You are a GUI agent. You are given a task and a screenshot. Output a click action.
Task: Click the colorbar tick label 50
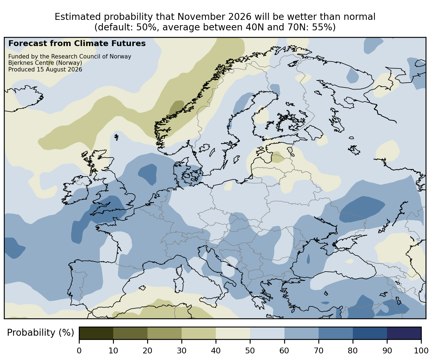click(x=250, y=351)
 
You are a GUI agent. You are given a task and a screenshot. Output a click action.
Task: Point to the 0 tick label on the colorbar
click(x=79, y=351)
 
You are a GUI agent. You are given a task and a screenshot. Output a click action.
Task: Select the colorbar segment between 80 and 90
click(x=370, y=333)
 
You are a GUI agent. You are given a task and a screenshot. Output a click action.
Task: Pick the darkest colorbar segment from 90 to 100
click(x=404, y=333)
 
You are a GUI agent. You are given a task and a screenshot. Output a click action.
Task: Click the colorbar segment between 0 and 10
click(x=96, y=333)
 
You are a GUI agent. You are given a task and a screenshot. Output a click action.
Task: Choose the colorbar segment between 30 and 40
click(x=199, y=333)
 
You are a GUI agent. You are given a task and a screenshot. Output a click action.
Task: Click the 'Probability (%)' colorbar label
click(x=41, y=333)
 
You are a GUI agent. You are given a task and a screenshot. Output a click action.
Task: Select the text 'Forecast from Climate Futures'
click(x=77, y=44)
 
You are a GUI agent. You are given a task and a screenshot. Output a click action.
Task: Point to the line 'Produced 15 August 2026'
click(x=45, y=70)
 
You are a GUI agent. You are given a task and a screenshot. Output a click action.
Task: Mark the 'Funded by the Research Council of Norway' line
click(x=70, y=57)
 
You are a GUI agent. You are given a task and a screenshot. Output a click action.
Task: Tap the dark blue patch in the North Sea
click(x=148, y=174)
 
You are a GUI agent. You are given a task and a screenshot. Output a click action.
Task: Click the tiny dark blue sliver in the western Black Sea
click(x=308, y=259)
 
